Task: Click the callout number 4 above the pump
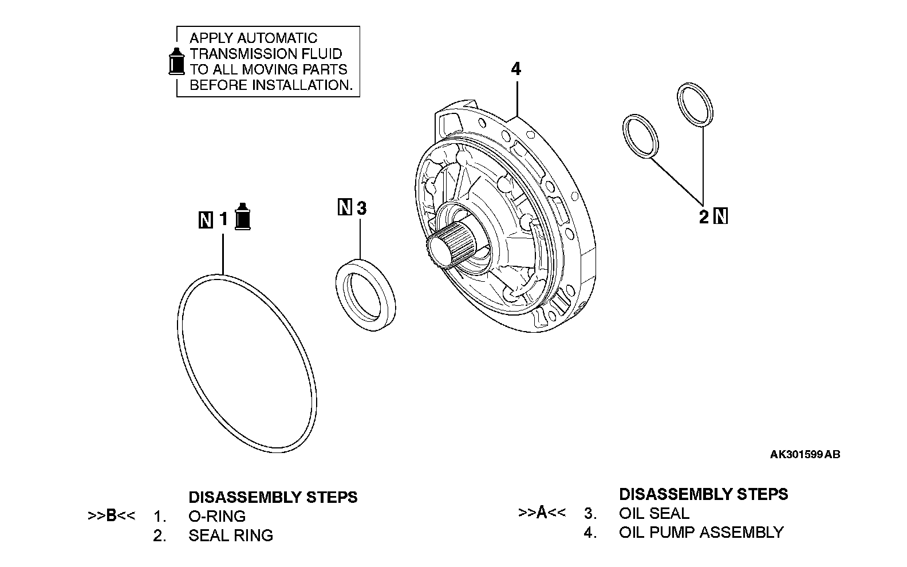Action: (516, 69)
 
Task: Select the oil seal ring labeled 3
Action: (365, 296)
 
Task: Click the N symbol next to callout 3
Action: (345, 207)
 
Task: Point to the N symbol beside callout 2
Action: (721, 216)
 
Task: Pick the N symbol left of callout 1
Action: (206, 219)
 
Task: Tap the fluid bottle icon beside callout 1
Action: (243, 216)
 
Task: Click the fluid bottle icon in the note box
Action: (176, 60)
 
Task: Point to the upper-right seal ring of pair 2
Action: (695, 104)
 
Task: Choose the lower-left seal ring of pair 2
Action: (641, 135)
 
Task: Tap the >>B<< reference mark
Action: (111, 515)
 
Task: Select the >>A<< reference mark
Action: (542, 512)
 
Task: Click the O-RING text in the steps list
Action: (216, 516)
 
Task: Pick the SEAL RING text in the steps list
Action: (230, 535)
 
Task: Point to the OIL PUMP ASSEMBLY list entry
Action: (701, 532)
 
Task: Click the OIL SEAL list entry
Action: (654, 513)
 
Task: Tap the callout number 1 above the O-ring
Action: (224, 219)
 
